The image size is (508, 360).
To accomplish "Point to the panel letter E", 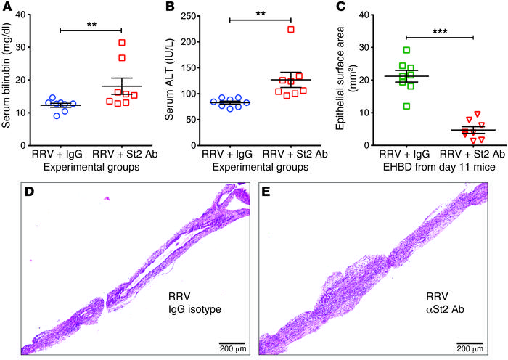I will [266, 193].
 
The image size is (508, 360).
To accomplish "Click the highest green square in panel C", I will [407, 50].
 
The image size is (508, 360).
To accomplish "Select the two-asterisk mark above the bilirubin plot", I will [91, 24].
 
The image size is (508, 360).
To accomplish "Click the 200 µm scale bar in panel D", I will [232, 341].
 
